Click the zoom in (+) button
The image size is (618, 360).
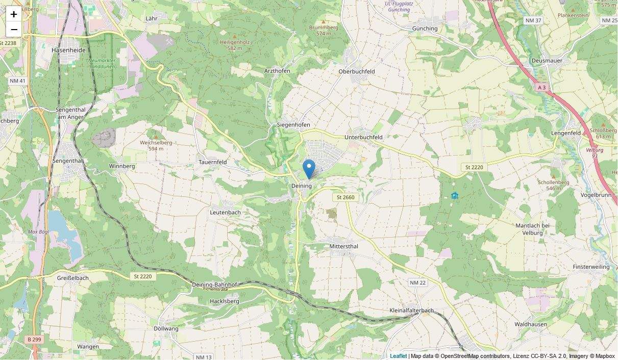14,14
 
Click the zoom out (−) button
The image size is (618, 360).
14,29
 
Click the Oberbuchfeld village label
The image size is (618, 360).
357,71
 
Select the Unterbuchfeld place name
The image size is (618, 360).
363,137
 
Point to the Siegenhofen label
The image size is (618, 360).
293,125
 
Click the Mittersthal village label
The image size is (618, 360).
344,246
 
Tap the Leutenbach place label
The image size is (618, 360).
225,212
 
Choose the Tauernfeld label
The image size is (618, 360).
212,162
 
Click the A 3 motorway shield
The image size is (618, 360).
541,88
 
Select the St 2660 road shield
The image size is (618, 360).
345,197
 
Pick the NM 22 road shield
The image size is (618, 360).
417,282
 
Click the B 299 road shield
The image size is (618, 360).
32,339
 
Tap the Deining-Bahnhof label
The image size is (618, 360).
214,285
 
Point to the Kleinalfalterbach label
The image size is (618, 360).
411,311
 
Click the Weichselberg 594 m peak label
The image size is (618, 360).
156,145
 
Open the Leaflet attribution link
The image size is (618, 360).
398,356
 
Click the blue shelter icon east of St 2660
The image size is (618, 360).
455,195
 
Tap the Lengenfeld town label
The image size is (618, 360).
566,133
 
